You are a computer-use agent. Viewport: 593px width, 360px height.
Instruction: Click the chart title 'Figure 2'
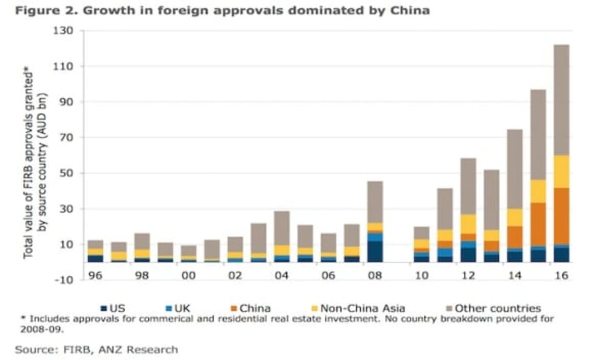(x=222, y=10)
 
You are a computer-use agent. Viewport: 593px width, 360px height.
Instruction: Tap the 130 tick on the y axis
(x=64, y=31)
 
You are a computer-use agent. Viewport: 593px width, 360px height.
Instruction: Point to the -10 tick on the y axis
(x=64, y=280)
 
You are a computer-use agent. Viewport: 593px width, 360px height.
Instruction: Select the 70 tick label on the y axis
(x=66, y=138)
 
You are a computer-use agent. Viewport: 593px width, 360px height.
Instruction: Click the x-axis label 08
(x=375, y=275)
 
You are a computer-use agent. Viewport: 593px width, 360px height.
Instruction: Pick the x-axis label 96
(x=95, y=275)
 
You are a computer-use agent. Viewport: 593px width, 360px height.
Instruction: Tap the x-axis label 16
(x=561, y=275)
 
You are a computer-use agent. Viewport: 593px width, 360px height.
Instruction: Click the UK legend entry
(x=180, y=308)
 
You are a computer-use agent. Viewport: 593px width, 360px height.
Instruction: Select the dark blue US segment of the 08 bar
(x=375, y=252)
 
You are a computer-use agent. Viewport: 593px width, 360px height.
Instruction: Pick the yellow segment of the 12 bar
(x=468, y=224)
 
